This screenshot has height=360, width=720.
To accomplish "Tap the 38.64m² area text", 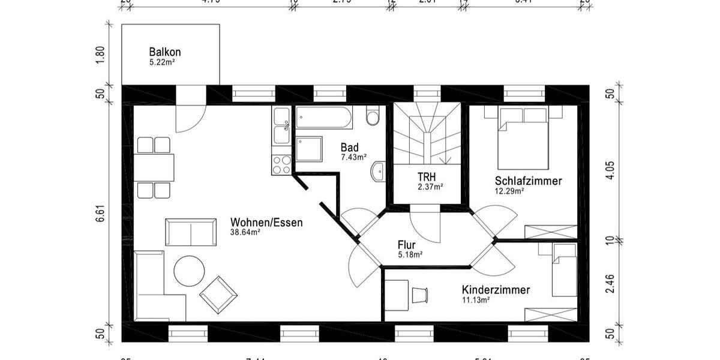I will tap(245, 233).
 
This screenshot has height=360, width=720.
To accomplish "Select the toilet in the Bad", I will tap(373, 116).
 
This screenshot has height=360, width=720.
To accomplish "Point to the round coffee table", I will tap(189, 271).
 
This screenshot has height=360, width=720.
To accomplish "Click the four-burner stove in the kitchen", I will tap(281, 164).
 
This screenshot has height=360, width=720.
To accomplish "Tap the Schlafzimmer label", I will tap(528, 181).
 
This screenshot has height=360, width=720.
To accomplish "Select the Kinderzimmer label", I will tap(496, 290).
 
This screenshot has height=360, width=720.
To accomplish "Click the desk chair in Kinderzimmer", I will tap(419, 294).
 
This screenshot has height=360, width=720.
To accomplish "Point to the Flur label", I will tap(406, 245).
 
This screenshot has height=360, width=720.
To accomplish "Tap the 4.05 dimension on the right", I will tap(610, 169).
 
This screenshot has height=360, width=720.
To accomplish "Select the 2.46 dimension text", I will tap(610, 283).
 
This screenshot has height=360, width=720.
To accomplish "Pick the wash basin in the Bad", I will tap(377, 171).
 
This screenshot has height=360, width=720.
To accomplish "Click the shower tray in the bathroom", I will tap(308, 148).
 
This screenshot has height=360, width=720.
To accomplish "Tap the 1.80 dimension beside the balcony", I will tap(100, 55).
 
